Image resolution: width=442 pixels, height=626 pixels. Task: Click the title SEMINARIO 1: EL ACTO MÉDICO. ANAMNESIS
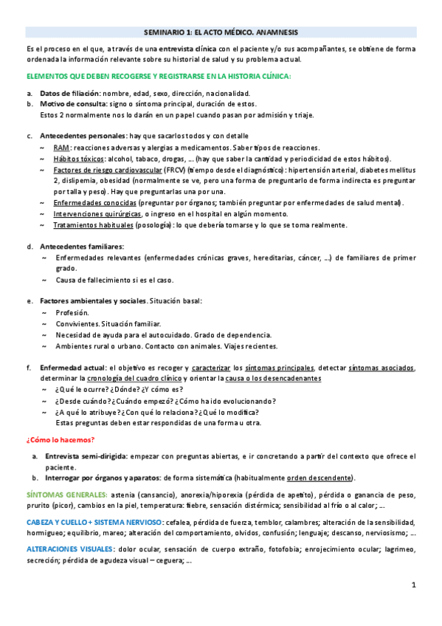pos(221,32)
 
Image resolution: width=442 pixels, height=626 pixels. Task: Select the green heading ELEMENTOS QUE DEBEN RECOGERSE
pos(158,76)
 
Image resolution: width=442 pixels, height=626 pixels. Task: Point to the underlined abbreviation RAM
pos(62,148)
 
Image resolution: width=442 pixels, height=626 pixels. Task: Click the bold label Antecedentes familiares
pos(82,246)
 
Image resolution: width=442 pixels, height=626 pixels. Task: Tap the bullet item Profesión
pos(72,312)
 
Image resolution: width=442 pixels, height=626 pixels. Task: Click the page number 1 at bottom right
pos(414,585)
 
